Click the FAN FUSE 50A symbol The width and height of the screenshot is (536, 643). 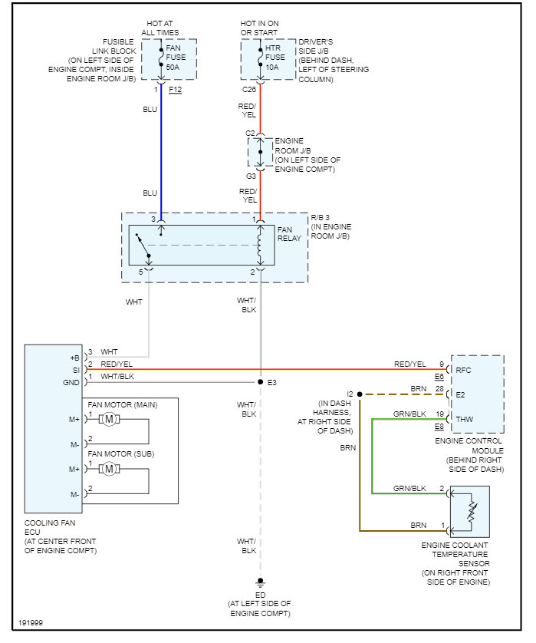161,58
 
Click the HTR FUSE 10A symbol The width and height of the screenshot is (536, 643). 260,58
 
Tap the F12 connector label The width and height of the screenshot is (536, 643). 176,90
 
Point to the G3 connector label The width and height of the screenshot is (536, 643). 249,176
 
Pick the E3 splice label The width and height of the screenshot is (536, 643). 272,381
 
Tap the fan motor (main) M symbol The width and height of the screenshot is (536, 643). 109,418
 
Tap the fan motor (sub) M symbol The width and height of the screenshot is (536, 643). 109,469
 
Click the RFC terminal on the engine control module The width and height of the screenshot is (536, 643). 464,369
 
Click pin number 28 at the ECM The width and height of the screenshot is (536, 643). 441,390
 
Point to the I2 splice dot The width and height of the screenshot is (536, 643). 360,394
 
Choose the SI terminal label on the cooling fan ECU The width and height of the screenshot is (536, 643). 75,369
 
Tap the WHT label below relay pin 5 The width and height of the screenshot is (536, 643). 134,302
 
